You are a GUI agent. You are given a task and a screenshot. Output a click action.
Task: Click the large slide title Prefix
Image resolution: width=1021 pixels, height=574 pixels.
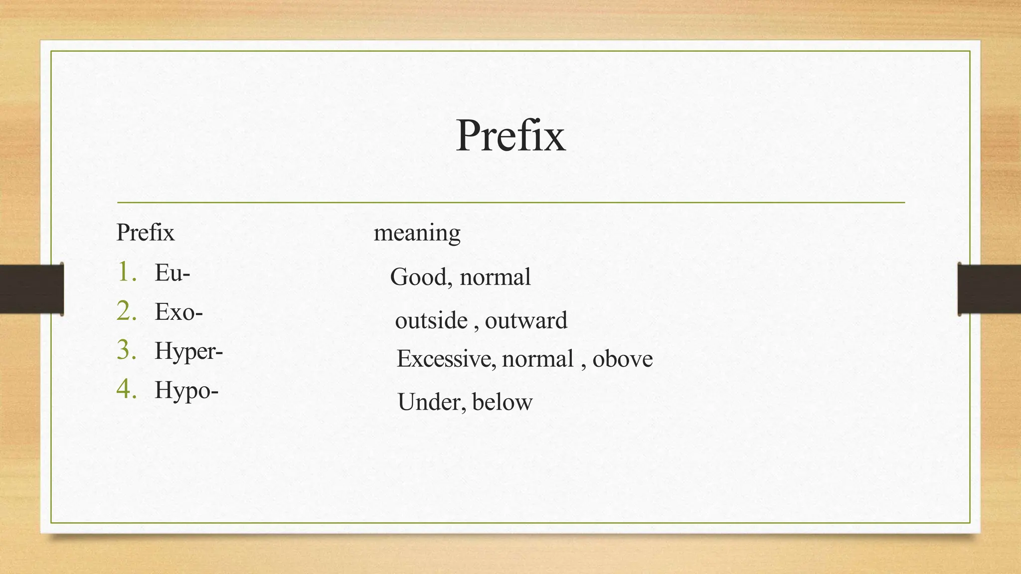click(510, 136)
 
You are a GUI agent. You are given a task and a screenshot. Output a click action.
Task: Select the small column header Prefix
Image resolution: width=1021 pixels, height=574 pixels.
click(145, 233)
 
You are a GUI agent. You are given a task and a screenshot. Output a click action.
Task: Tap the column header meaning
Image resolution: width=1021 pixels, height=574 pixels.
click(417, 233)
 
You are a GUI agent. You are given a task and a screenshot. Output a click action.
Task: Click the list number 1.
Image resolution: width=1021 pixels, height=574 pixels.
click(127, 272)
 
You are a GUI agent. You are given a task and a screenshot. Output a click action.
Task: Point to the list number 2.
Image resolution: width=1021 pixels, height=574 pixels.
click(127, 311)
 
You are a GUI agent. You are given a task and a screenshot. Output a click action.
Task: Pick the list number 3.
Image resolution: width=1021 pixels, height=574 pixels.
click(127, 350)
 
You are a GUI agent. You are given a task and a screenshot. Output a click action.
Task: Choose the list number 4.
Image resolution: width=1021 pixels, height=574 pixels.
click(127, 389)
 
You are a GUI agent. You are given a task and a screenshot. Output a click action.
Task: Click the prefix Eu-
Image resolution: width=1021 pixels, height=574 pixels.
click(172, 273)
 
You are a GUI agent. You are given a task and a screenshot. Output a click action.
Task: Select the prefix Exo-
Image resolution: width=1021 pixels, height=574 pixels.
click(178, 312)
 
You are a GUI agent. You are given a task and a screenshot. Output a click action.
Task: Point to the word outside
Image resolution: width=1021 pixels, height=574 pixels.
click(431, 320)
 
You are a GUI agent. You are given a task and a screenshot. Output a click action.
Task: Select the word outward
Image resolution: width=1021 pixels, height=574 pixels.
click(526, 320)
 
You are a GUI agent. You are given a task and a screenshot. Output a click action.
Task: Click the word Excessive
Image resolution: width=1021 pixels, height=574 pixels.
click(446, 359)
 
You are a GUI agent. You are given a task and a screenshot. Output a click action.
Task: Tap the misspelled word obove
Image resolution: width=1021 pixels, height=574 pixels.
click(622, 359)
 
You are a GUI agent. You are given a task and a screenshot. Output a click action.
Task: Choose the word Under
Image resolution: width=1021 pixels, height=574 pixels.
click(428, 402)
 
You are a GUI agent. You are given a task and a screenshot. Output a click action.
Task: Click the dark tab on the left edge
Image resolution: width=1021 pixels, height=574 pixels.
click(31, 289)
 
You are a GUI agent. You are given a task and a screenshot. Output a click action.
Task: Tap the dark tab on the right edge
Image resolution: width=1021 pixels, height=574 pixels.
click(989, 289)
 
